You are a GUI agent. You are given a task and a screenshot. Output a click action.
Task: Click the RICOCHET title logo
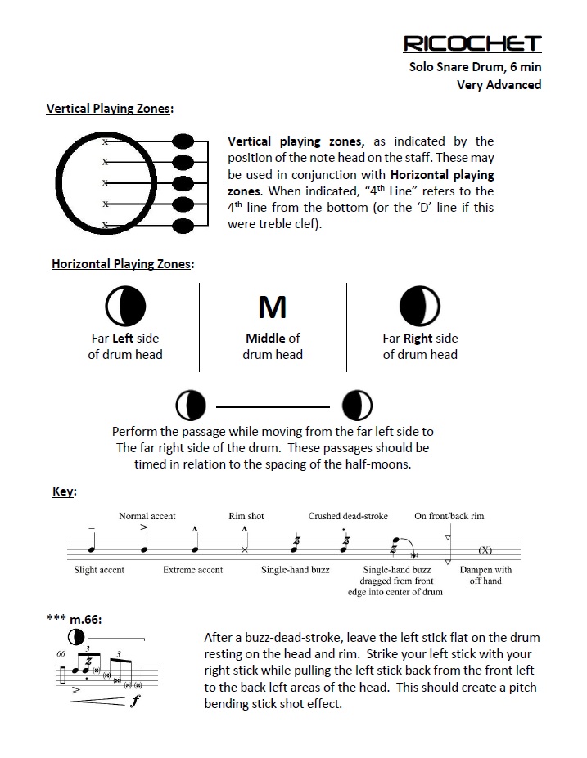click(472, 43)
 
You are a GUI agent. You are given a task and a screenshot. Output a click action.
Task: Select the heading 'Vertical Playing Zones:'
click(110, 108)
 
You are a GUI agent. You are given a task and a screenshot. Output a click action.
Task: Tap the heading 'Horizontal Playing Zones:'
click(123, 264)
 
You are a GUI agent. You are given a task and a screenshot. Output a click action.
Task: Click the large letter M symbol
click(273, 307)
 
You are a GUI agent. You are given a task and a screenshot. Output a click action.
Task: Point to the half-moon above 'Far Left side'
click(125, 307)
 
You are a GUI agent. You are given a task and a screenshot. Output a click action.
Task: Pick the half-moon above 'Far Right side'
click(420, 307)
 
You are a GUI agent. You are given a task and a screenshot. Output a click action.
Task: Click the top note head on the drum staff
click(183, 141)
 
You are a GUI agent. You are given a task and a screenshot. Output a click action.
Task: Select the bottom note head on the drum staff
click(183, 224)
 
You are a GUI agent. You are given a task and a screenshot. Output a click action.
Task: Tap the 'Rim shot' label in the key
click(246, 516)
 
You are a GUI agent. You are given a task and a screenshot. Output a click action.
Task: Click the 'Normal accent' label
click(147, 516)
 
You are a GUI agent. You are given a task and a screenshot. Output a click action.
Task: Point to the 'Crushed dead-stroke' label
click(348, 516)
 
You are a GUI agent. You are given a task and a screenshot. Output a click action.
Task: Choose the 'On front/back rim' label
click(449, 516)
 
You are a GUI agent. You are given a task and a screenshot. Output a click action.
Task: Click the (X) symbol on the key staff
click(485, 549)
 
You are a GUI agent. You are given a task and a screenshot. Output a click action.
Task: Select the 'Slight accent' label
click(99, 570)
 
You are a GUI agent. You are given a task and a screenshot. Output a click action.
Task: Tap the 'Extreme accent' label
click(193, 570)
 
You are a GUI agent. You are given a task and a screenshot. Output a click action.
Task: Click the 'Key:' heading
click(64, 491)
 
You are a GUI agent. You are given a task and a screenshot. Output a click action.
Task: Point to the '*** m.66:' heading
click(75, 619)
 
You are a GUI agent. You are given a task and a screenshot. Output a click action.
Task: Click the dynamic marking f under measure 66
click(133, 701)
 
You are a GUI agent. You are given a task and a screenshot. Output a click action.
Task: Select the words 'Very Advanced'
click(499, 84)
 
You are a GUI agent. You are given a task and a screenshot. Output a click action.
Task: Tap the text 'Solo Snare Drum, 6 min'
click(475, 67)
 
